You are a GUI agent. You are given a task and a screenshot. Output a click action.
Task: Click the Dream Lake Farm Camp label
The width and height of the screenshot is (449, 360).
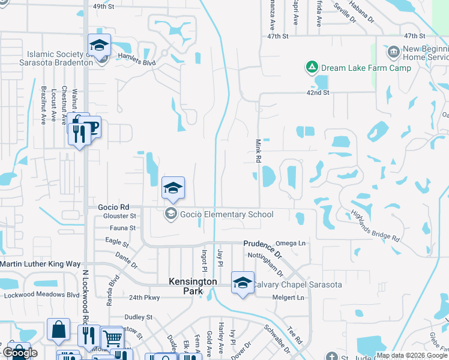point(366,68)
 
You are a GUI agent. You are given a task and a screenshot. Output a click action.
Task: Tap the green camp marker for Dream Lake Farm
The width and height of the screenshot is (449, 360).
point(312,67)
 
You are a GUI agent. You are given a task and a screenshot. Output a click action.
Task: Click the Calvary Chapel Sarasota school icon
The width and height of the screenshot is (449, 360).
point(242,283)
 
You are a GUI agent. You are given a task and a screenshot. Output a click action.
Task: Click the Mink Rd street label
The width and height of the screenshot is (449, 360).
point(259,151)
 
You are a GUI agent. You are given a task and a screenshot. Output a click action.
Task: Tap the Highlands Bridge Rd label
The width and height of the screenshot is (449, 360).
point(376,225)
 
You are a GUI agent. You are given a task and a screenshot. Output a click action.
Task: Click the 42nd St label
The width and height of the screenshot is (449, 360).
point(318,93)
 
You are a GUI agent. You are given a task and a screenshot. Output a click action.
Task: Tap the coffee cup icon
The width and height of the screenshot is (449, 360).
point(91,127)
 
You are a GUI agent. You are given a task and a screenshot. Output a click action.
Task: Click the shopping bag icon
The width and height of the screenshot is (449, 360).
point(59,330)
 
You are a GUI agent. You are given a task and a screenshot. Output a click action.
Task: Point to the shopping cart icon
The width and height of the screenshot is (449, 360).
point(111,338)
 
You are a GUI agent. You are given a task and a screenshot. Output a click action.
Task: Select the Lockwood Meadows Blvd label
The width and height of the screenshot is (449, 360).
point(42,295)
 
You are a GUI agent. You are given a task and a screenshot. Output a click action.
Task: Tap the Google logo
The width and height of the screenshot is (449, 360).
point(20,352)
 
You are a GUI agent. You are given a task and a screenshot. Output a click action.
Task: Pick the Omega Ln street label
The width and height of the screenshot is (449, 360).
point(290,243)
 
